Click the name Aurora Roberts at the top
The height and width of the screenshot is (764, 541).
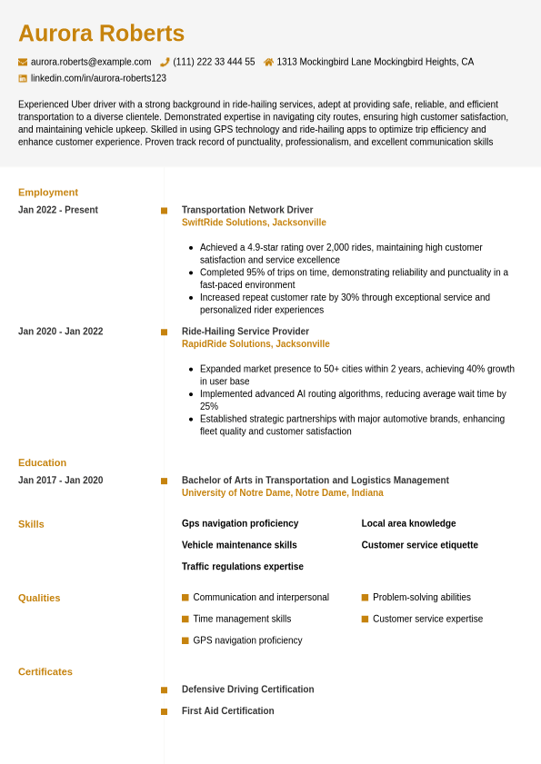[101, 34]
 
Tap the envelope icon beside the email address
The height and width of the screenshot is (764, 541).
[23, 62]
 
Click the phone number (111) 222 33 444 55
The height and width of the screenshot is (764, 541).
[214, 62]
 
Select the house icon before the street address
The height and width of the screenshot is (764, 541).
[268, 62]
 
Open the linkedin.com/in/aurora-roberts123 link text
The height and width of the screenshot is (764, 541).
[98, 78]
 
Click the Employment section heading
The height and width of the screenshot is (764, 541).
[48, 193]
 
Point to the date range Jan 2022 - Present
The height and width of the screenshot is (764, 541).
[58, 210]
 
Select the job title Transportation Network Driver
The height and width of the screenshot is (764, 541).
[247, 210]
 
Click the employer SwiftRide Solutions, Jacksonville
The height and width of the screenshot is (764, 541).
[254, 223]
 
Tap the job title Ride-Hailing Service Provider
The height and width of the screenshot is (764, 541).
[245, 332]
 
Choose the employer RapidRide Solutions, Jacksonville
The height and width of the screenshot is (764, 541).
[255, 344]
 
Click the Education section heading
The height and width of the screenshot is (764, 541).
[42, 462]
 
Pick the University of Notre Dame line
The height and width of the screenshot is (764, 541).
[282, 493]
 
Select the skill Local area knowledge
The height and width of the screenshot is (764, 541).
[408, 523]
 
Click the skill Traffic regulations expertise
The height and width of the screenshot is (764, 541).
[243, 567]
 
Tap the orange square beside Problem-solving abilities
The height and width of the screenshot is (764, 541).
[365, 598]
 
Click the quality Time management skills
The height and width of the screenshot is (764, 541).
[242, 620]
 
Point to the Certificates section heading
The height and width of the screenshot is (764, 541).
[45, 672]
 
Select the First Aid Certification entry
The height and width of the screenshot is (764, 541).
[227, 711]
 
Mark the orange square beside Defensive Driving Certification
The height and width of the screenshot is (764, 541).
[164, 690]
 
